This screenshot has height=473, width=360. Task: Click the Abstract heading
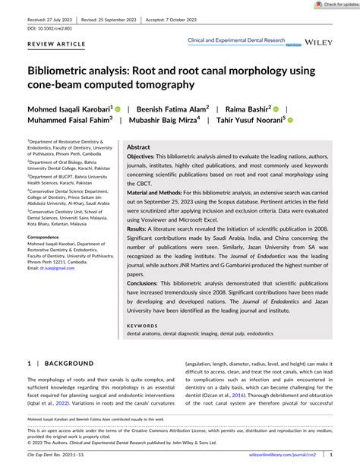click(138, 147)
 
